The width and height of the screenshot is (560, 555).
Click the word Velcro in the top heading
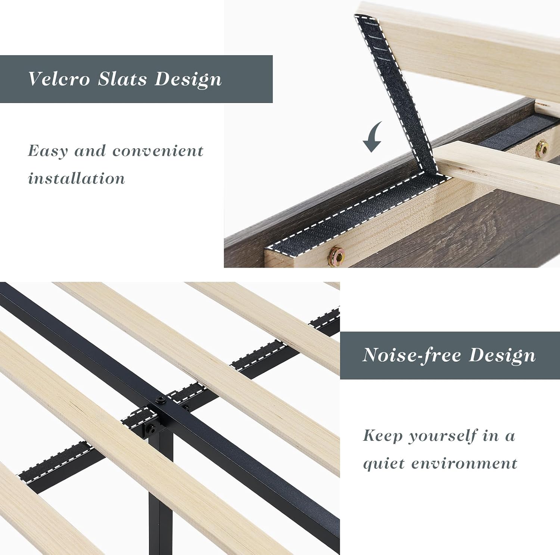tap(59, 79)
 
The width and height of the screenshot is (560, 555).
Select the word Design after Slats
tap(188, 79)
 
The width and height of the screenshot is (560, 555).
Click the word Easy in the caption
tap(48, 152)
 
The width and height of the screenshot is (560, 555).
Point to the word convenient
tap(158, 151)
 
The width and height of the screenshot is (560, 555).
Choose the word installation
tap(77, 178)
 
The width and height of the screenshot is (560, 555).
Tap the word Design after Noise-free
tap(503, 356)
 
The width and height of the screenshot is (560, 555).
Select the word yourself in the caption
tap(442, 436)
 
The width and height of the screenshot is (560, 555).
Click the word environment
tap(464, 464)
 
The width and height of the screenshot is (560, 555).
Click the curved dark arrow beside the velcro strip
tap(373, 137)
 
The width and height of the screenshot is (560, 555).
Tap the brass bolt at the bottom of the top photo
tap(336, 255)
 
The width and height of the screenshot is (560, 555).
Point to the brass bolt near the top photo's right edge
tap(542, 149)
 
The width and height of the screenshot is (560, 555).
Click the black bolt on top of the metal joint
tap(161, 400)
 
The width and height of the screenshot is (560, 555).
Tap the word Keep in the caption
tap(382, 436)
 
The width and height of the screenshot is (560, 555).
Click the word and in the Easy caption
tap(90, 151)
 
